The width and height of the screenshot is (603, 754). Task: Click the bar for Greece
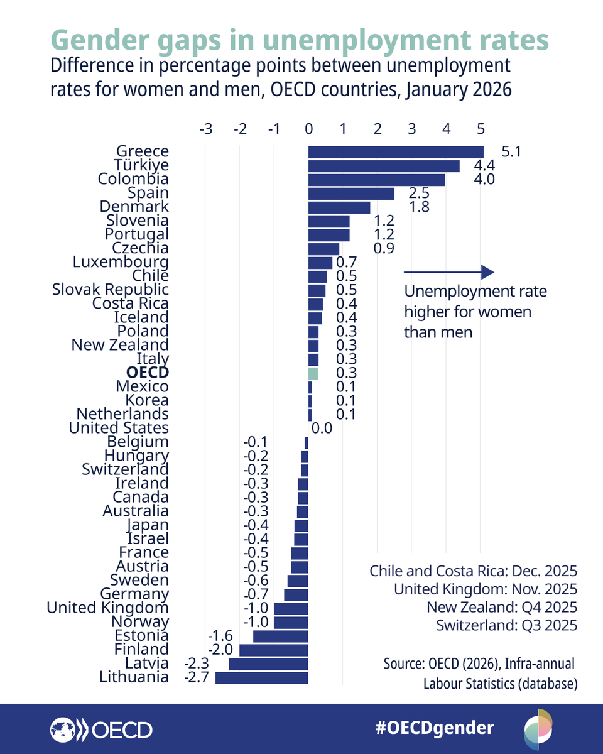click(x=396, y=152)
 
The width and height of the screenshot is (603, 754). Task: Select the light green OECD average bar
click(x=313, y=373)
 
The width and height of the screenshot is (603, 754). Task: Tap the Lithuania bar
click(x=261, y=677)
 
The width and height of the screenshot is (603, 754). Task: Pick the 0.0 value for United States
click(x=322, y=429)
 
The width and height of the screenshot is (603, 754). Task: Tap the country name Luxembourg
click(x=121, y=262)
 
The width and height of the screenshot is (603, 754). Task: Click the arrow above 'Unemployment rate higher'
click(x=449, y=272)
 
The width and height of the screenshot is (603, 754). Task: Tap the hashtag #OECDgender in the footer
click(x=435, y=728)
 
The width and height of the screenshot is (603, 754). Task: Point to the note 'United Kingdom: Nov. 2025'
click(x=485, y=589)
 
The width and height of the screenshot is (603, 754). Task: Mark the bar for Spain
click(x=351, y=194)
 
